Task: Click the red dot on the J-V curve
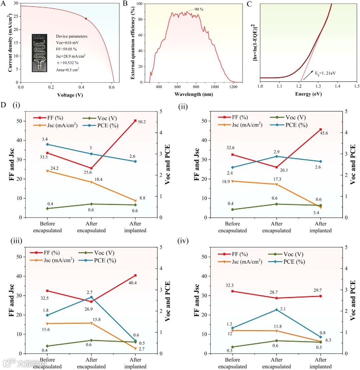86,19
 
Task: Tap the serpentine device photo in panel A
42,53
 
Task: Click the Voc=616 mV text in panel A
68,43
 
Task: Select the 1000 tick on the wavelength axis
214,87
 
